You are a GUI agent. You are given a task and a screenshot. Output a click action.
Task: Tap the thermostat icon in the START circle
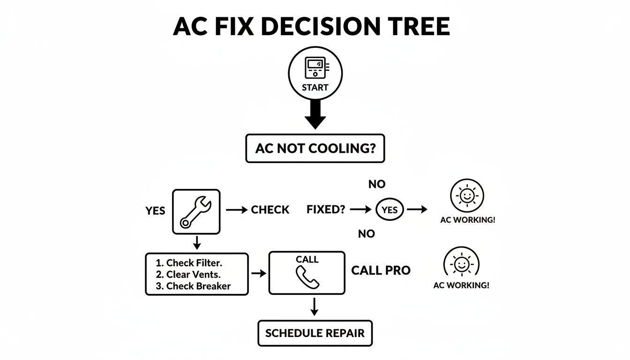315,67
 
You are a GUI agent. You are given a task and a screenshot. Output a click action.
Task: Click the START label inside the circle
315,87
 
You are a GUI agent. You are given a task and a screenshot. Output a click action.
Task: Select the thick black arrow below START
315,115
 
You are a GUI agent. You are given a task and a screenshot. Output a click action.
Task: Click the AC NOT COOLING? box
315,149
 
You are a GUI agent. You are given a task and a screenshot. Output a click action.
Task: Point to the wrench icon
196,211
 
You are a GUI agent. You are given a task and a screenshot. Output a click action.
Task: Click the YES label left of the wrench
155,211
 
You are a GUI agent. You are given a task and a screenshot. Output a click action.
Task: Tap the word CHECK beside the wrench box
270,210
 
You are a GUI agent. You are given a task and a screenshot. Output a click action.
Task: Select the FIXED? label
326,210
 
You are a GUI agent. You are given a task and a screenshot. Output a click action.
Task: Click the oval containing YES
390,210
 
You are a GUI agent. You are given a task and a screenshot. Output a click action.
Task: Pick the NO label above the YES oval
376,185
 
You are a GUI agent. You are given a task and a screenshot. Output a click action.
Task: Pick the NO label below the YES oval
366,233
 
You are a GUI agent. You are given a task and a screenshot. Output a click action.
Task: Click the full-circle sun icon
467,196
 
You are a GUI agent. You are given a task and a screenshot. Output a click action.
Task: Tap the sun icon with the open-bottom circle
461,263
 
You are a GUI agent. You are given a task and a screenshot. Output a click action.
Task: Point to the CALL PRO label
381,270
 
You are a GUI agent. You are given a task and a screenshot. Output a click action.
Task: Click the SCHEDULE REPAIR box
315,333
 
